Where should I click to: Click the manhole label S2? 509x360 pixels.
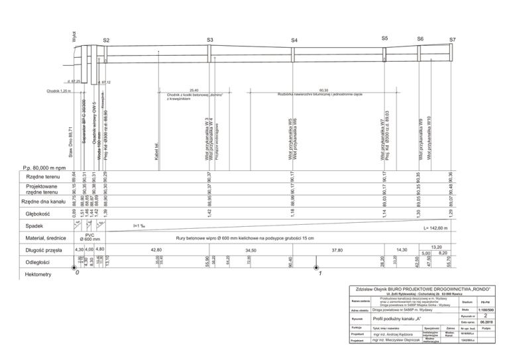point(107,41)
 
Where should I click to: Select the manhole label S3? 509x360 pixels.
point(210,40)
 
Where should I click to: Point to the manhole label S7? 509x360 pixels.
point(452,40)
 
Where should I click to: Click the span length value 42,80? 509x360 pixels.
point(156,250)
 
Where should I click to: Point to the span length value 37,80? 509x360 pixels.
point(337,250)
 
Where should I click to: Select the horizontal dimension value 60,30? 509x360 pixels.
point(323,90)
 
